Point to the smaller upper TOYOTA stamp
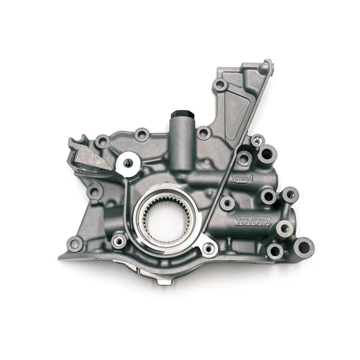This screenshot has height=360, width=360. pyautogui.click(x=241, y=178)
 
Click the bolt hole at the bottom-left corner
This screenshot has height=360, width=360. pyautogui.click(x=75, y=243)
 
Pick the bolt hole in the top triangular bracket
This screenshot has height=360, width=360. pyautogui.click(x=220, y=86)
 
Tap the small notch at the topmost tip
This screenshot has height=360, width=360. pyautogui.click(x=268, y=64)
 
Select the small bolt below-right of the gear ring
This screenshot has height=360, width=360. pyautogui.click(x=209, y=249)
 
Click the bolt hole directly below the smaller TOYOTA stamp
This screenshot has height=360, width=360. pyautogui.click(x=227, y=202)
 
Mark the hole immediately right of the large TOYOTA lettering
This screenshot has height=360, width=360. pyautogui.click(x=284, y=228)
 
